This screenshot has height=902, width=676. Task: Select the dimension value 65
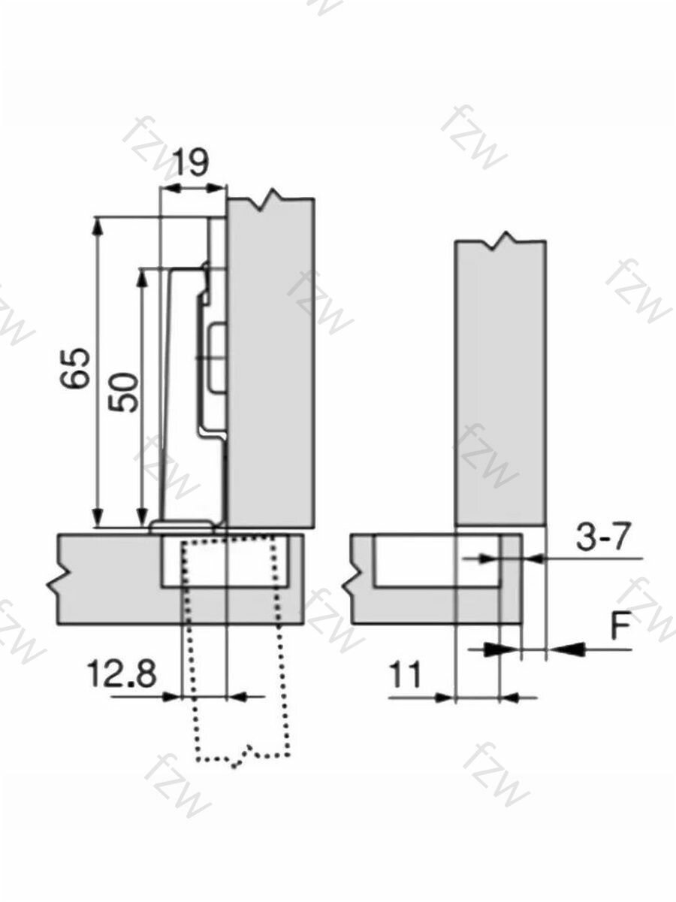point(74,368)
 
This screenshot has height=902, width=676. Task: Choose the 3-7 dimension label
point(602,537)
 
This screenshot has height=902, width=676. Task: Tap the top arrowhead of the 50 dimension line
point(142,278)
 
